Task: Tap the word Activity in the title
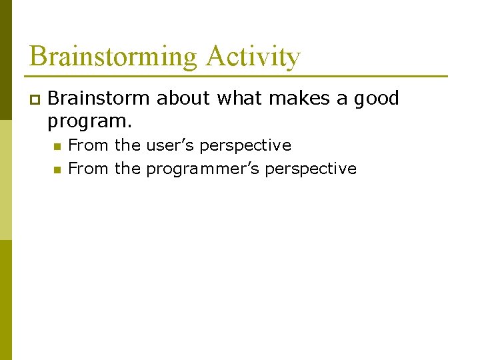coord(253,57)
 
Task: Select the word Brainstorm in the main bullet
coord(99,99)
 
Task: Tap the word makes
coord(299,99)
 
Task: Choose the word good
coord(376,99)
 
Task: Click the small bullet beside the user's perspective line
coord(57,146)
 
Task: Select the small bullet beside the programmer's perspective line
coord(57,169)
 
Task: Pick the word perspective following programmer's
coord(311,169)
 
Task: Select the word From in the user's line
coord(89,145)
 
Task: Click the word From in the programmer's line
coord(89,169)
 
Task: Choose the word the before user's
coord(127,145)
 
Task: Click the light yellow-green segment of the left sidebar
coord(5,180)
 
